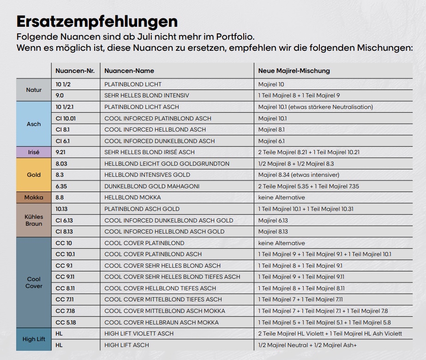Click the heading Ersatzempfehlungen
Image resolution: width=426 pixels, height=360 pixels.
(x=97, y=22)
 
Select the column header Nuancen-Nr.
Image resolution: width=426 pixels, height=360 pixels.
(x=75, y=71)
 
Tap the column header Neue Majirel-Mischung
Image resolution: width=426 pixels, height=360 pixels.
(x=294, y=71)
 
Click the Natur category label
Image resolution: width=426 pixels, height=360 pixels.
(x=34, y=90)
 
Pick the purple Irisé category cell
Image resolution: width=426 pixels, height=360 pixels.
(x=34, y=152)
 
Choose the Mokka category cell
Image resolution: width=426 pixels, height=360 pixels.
(x=34, y=198)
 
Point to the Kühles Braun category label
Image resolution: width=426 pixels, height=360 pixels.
(x=34, y=220)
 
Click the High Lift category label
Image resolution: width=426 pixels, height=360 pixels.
(x=34, y=339)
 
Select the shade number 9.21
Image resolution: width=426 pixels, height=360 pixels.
(x=60, y=152)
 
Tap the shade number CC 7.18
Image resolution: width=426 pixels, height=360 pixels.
(x=65, y=311)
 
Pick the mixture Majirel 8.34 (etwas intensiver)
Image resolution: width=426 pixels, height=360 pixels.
(x=299, y=175)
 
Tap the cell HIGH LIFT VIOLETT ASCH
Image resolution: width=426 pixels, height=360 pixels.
(x=139, y=334)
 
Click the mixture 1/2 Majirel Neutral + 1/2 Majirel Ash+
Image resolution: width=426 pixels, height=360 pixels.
(x=307, y=345)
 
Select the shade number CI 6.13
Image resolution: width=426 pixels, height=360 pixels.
(x=64, y=220)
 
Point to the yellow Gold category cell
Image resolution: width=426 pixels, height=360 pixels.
(x=34, y=175)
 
